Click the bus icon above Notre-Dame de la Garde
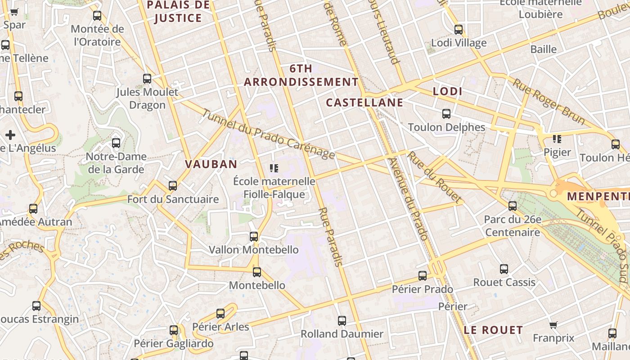(116, 143)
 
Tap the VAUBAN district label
(211, 164)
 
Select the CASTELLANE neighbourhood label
(364, 103)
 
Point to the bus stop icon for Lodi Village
(459, 30)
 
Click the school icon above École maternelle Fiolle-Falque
(274, 168)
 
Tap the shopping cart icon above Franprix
(553, 325)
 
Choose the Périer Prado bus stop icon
(423, 276)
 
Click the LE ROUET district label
(493, 330)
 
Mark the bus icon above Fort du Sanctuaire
(172, 185)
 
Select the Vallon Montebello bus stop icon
(254, 236)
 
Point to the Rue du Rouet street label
(434, 176)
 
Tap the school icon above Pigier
(557, 139)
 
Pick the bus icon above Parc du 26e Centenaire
(513, 206)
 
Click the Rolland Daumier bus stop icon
(342, 321)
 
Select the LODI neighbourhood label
(447, 91)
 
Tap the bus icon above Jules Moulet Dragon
(147, 79)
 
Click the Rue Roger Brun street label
(549, 102)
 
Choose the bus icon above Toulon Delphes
(446, 114)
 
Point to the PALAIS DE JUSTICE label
(178, 12)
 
